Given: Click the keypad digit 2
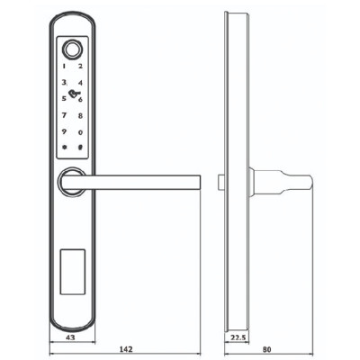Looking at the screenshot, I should pyautogui.click(x=81, y=66).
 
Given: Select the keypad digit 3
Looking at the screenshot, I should pyautogui.click(x=64, y=82).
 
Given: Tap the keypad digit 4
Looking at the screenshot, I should pyautogui.click(x=81, y=82).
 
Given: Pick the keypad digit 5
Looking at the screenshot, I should pyautogui.click(x=64, y=98).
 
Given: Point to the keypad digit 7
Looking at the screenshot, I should pyautogui.click(x=64, y=115).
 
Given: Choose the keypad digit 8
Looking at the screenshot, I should pyautogui.click(x=81, y=115).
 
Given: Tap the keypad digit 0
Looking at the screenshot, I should pyautogui.click(x=81, y=132).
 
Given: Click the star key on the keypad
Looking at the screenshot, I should pyautogui.click(x=64, y=148).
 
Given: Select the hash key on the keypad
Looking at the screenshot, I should pyautogui.click(x=81, y=148).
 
